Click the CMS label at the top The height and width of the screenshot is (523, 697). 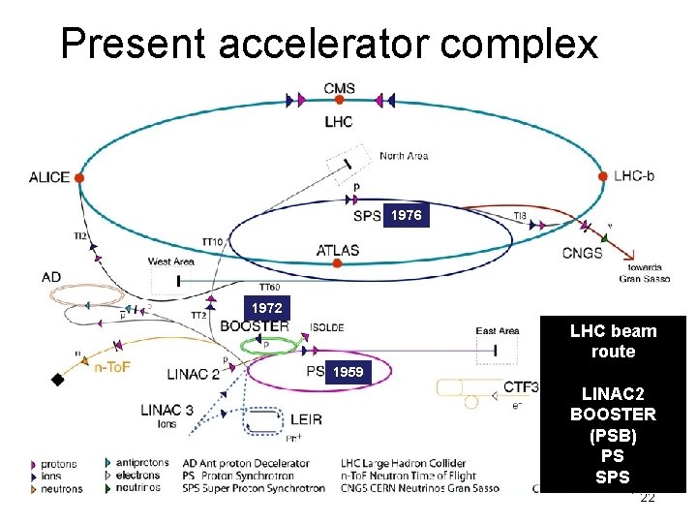pos(339,89)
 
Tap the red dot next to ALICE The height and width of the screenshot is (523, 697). pos(79,178)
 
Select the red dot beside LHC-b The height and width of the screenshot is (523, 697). pos(604,177)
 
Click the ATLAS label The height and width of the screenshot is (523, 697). pos(338,250)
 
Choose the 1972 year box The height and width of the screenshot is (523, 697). pos(266,308)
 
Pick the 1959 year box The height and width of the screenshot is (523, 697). pos(346,372)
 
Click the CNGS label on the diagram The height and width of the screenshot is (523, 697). pos(582,254)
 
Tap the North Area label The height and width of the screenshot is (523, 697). pos(404,156)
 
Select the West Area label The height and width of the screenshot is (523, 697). pos(171,261)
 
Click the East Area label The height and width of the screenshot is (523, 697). pos(498,331)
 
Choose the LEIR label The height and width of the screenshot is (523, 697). pos(306,419)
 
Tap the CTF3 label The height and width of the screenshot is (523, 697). pos(521,387)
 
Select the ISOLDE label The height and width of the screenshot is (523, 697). pos(326,327)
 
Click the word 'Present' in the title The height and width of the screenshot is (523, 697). pos(127,43)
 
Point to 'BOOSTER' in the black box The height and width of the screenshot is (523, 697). pos(613,415)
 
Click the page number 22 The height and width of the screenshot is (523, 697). pos(648,498)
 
